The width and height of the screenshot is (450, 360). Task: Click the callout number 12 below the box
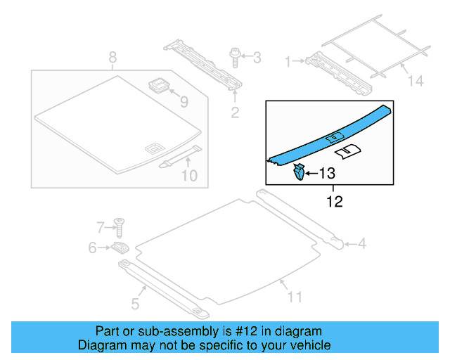[x=334, y=202]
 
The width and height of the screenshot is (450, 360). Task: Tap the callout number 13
[x=329, y=173]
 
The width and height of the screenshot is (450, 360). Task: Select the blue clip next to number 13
[x=299, y=171]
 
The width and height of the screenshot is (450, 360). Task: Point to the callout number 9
[x=184, y=102]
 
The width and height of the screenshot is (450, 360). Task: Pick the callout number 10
[x=190, y=175]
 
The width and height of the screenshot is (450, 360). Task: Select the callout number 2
[x=235, y=112]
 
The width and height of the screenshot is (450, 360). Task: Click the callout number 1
[x=287, y=62]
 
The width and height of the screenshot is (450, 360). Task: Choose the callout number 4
[x=361, y=244]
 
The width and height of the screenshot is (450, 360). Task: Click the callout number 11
[x=295, y=297]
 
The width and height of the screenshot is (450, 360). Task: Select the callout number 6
[x=92, y=247]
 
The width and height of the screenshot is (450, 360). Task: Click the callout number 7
[x=101, y=226]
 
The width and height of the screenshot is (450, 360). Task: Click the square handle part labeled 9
[x=159, y=86]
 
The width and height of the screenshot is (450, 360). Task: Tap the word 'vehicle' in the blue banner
[x=307, y=345]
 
